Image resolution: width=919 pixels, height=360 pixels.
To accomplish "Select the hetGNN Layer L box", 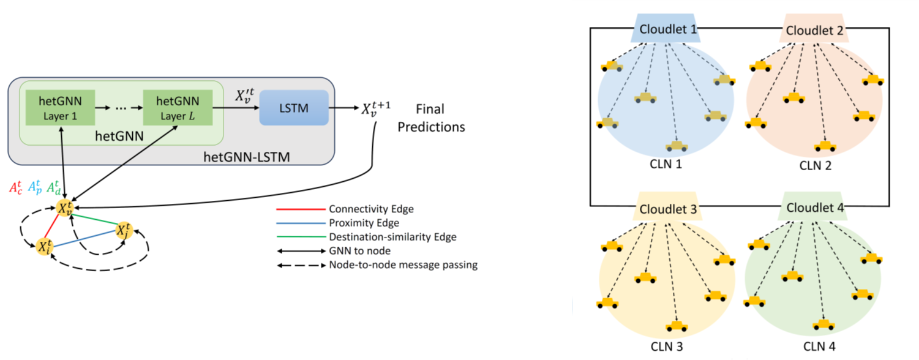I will (178, 107).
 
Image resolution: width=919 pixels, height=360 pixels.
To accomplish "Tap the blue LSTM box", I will (294, 108).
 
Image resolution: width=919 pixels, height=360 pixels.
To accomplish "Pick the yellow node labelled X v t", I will (66, 208).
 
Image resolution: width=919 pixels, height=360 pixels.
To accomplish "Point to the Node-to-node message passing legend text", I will (403, 265).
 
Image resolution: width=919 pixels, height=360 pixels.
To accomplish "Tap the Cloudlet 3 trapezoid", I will (669, 209).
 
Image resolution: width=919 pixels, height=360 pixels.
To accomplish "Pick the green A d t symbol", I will (55, 186).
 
